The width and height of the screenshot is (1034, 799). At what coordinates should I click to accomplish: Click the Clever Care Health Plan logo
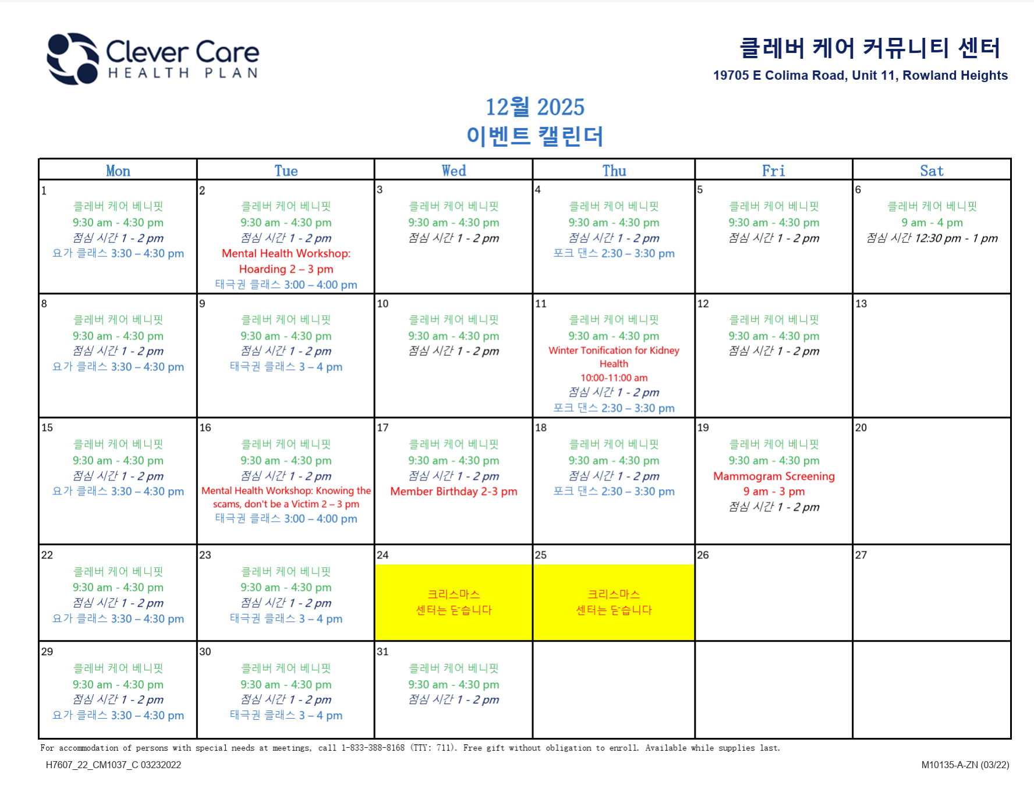click(153, 58)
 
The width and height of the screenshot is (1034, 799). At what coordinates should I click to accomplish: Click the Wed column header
click(454, 171)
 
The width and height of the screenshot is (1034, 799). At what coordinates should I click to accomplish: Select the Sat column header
click(932, 171)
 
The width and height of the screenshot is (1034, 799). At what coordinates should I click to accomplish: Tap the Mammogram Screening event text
click(774, 476)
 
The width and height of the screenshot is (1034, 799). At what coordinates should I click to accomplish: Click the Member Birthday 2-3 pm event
click(454, 492)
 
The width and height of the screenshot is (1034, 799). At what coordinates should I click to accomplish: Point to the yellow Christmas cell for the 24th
click(454, 602)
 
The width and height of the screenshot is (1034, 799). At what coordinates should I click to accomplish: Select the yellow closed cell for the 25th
click(614, 602)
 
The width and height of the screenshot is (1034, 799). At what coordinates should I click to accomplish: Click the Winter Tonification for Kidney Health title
click(614, 357)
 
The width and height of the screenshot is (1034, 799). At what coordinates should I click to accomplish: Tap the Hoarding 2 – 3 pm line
click(286, 269)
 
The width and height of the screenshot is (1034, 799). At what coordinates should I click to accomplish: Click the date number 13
click(861, 303)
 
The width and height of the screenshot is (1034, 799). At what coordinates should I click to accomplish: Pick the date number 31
click(383, 652)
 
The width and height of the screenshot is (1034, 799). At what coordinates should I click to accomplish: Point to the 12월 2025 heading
click(535, 107)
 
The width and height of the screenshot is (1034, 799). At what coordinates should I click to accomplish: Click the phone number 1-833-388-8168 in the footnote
click(373, 748)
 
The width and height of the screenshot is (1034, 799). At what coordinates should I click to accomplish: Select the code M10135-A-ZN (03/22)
click(965, 765)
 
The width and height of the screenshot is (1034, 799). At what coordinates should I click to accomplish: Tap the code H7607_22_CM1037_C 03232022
click(114, 765)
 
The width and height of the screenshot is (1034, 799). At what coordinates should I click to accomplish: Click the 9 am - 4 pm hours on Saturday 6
click(932, 222)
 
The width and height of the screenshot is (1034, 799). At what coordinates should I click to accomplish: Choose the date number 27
click(861, 555)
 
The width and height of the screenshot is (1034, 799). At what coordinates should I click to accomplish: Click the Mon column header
click(118, 171)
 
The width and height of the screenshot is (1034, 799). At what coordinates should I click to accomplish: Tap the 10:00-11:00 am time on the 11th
click(614, 378)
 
